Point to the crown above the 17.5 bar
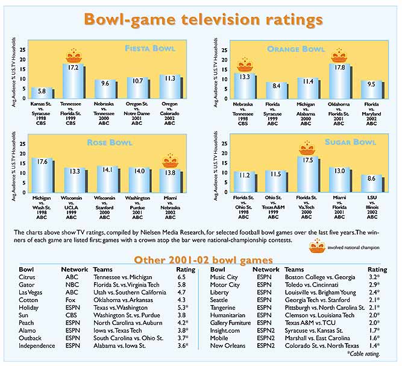tap(308, 148)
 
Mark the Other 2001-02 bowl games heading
tap(204, 259)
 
